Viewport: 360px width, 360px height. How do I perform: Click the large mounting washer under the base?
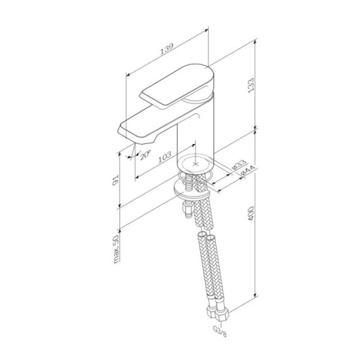194,189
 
